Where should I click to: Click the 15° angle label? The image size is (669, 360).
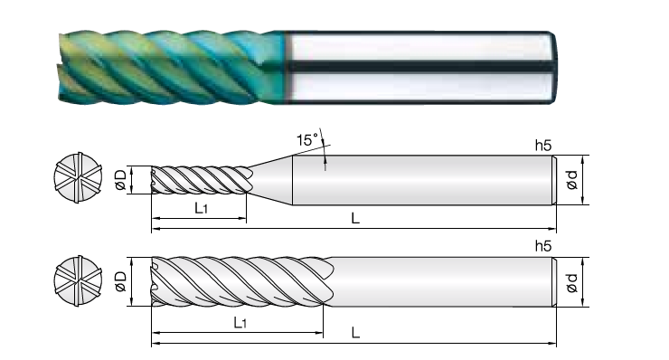(307, 139)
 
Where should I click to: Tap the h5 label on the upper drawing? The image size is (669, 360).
(543, 146)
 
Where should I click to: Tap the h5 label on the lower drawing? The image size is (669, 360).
(543, 246)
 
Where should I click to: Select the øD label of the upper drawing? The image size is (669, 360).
(121, 180)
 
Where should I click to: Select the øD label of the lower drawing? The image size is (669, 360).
(121, 281)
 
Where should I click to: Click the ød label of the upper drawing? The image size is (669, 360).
(571, 180)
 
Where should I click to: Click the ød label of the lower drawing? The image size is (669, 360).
(571, 283)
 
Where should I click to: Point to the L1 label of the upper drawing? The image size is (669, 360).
(201, 208)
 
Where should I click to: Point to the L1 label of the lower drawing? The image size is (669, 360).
(240, 322)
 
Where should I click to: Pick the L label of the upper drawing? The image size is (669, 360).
(355, 218)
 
